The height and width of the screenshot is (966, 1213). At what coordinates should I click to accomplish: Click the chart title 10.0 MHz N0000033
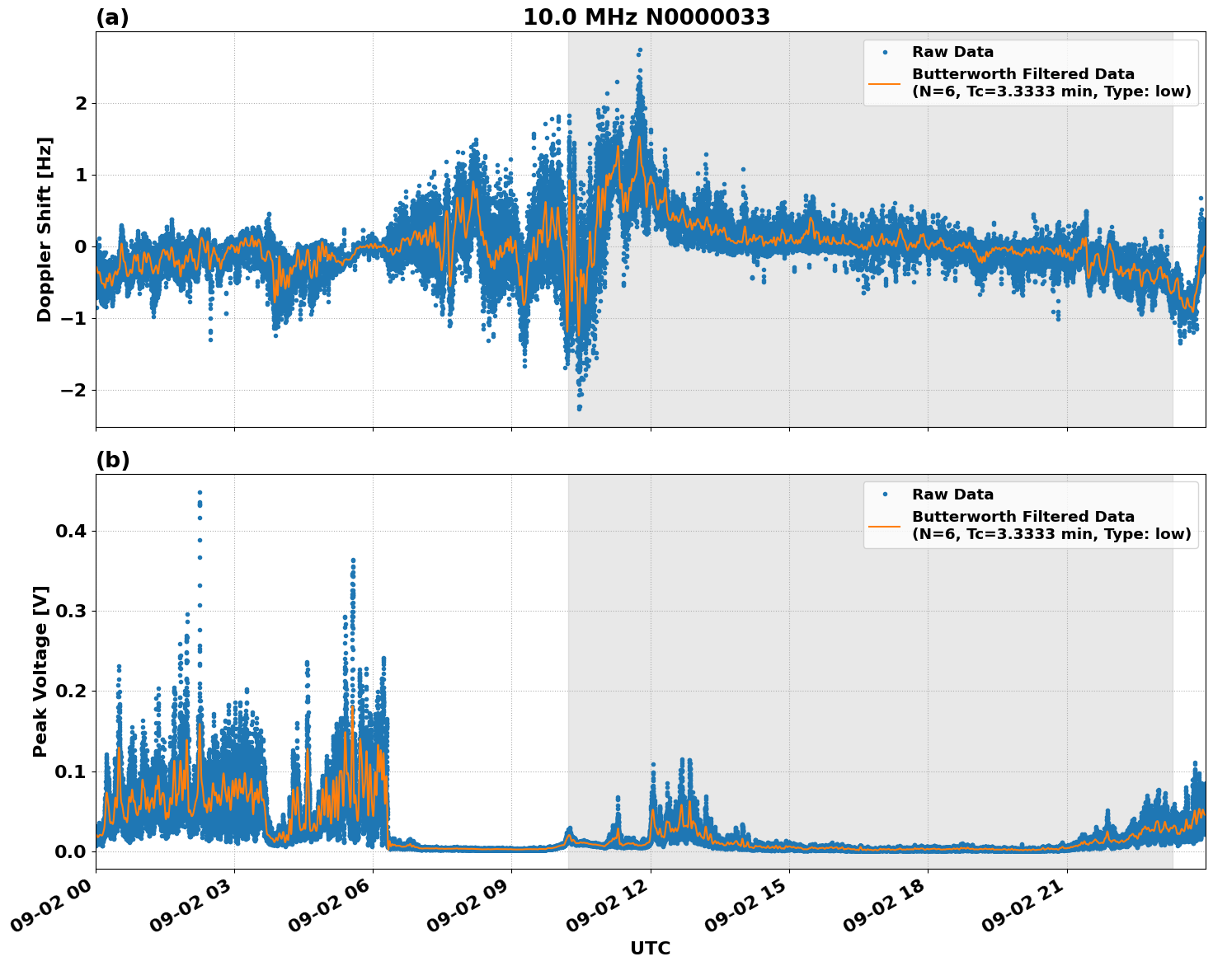tap(646, 17)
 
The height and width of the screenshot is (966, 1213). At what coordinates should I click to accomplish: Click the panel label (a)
tap(112, 17)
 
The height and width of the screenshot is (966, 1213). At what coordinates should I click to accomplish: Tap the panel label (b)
tap(113, 460)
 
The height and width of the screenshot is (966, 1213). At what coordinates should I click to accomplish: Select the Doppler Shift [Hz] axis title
tap(45, 229)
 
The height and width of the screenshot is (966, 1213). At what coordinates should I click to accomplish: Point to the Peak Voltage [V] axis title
tap(40, 671)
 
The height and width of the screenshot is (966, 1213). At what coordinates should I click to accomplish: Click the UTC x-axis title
tap(650, 948)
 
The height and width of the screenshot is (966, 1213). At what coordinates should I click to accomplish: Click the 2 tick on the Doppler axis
tap(81, 103)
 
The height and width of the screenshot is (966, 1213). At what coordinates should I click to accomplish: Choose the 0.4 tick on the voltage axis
tap(71, 531)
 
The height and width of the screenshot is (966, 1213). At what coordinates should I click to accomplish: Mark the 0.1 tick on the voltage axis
tap(71, 771)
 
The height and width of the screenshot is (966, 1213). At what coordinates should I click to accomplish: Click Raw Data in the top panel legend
tap(952, 52)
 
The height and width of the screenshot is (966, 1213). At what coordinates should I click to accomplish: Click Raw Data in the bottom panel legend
tap(952, 495)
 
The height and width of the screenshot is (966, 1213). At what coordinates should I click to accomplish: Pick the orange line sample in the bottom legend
tap(885, 525)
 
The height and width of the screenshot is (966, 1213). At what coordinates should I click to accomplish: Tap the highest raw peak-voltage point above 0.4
tap(200, 492)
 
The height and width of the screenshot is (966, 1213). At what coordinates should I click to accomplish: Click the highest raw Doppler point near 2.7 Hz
tap(640, 50)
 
